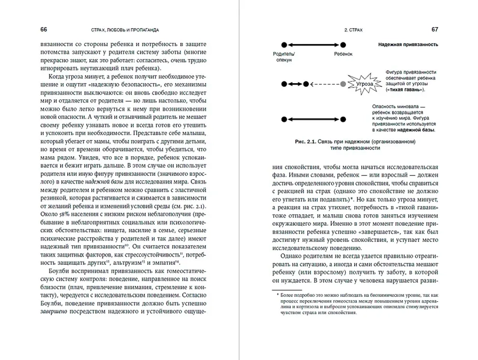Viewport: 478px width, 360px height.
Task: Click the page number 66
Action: [43, 30]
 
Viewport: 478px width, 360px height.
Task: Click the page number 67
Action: [435, 30]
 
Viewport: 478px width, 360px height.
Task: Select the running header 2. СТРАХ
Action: [353, 30]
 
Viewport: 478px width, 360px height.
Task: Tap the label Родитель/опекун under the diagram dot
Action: [284, 57]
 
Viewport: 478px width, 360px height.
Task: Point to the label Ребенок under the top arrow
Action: [343, 55]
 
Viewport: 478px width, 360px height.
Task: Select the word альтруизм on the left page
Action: [131, 262]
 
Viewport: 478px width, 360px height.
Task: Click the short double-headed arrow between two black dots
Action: [296, 84]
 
